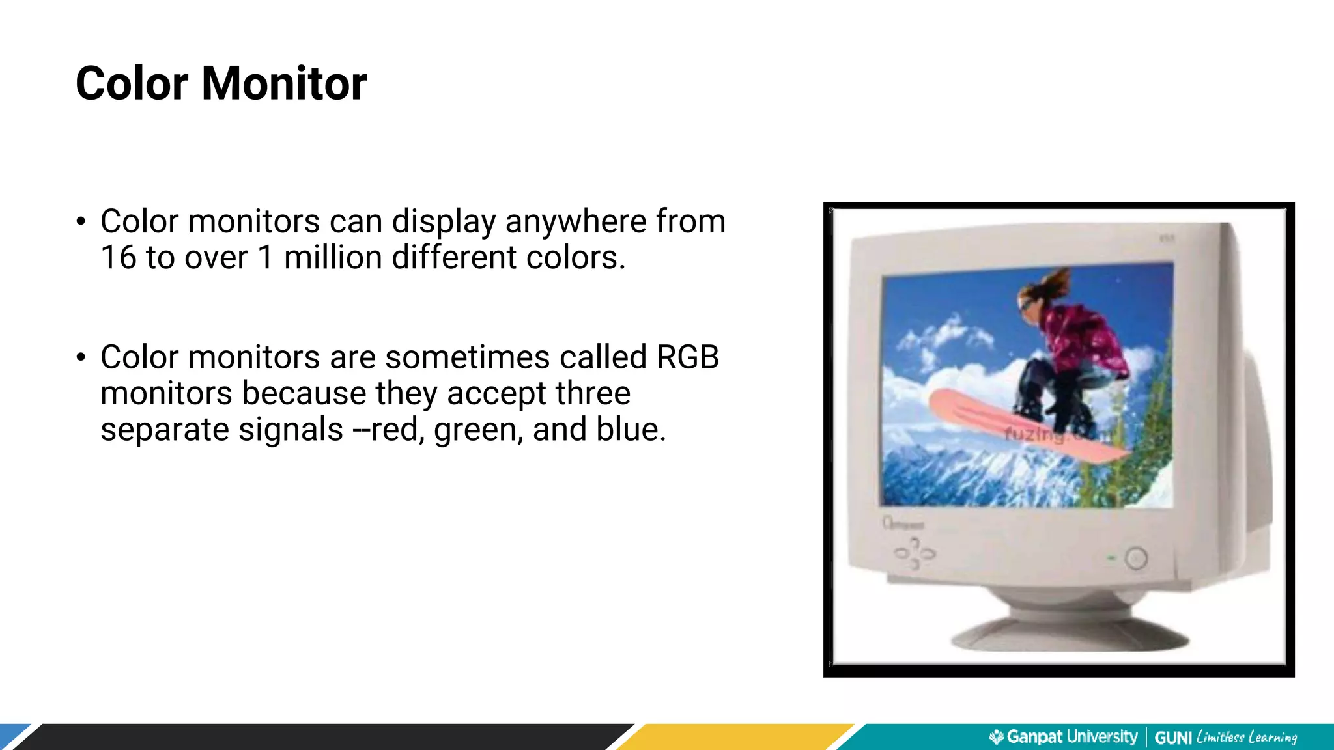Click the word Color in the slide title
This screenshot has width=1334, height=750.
[132, 84]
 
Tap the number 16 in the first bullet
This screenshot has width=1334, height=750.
[118, 257]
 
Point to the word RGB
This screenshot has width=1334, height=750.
[687, 357]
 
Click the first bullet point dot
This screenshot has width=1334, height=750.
[81, 222]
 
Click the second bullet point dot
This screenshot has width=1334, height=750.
[81, 357]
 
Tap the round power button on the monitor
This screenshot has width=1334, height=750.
[1135, 558]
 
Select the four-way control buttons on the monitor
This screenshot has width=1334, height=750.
[915, 554]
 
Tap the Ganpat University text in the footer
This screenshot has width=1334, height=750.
[1071, 737]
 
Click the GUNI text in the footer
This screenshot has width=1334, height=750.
[1173, 738]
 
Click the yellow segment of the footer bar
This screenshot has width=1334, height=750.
[736, 737]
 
